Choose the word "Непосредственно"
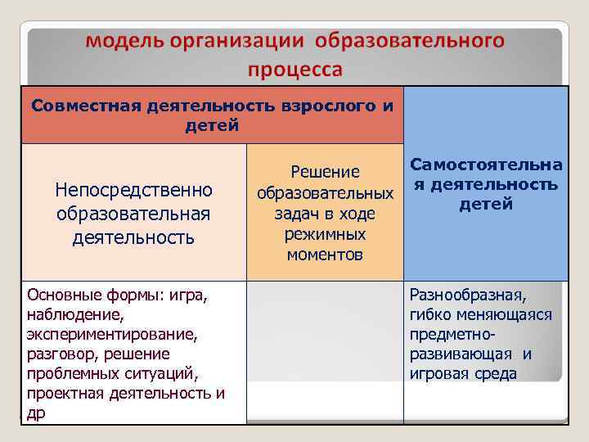[133, 190]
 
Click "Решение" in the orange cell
[325, 172]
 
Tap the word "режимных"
[325, 235]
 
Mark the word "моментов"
[325, 255]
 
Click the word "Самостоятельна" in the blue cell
[487, 166]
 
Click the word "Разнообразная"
[469, 295]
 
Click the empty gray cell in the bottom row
[325, 352]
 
